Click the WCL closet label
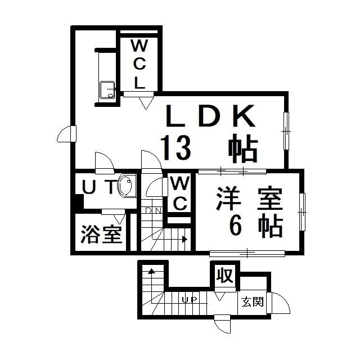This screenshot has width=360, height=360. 139,64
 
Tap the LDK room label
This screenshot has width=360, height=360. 210,116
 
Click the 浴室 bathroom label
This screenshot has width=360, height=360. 101,234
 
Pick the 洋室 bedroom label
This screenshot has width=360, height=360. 250,199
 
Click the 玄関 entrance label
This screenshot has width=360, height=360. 253,301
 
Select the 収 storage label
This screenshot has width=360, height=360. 225,275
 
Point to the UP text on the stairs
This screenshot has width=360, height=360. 190,300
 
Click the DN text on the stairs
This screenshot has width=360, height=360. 154,210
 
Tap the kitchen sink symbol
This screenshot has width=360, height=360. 107,90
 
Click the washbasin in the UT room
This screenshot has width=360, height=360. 125,186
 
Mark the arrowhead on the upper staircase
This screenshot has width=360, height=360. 184,239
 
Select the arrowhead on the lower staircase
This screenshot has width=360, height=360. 151,271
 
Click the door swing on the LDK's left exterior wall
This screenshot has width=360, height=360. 66,134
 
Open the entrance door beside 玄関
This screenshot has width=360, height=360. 278,303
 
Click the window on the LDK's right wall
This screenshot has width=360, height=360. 286,131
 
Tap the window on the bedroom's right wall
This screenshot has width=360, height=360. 303,212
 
